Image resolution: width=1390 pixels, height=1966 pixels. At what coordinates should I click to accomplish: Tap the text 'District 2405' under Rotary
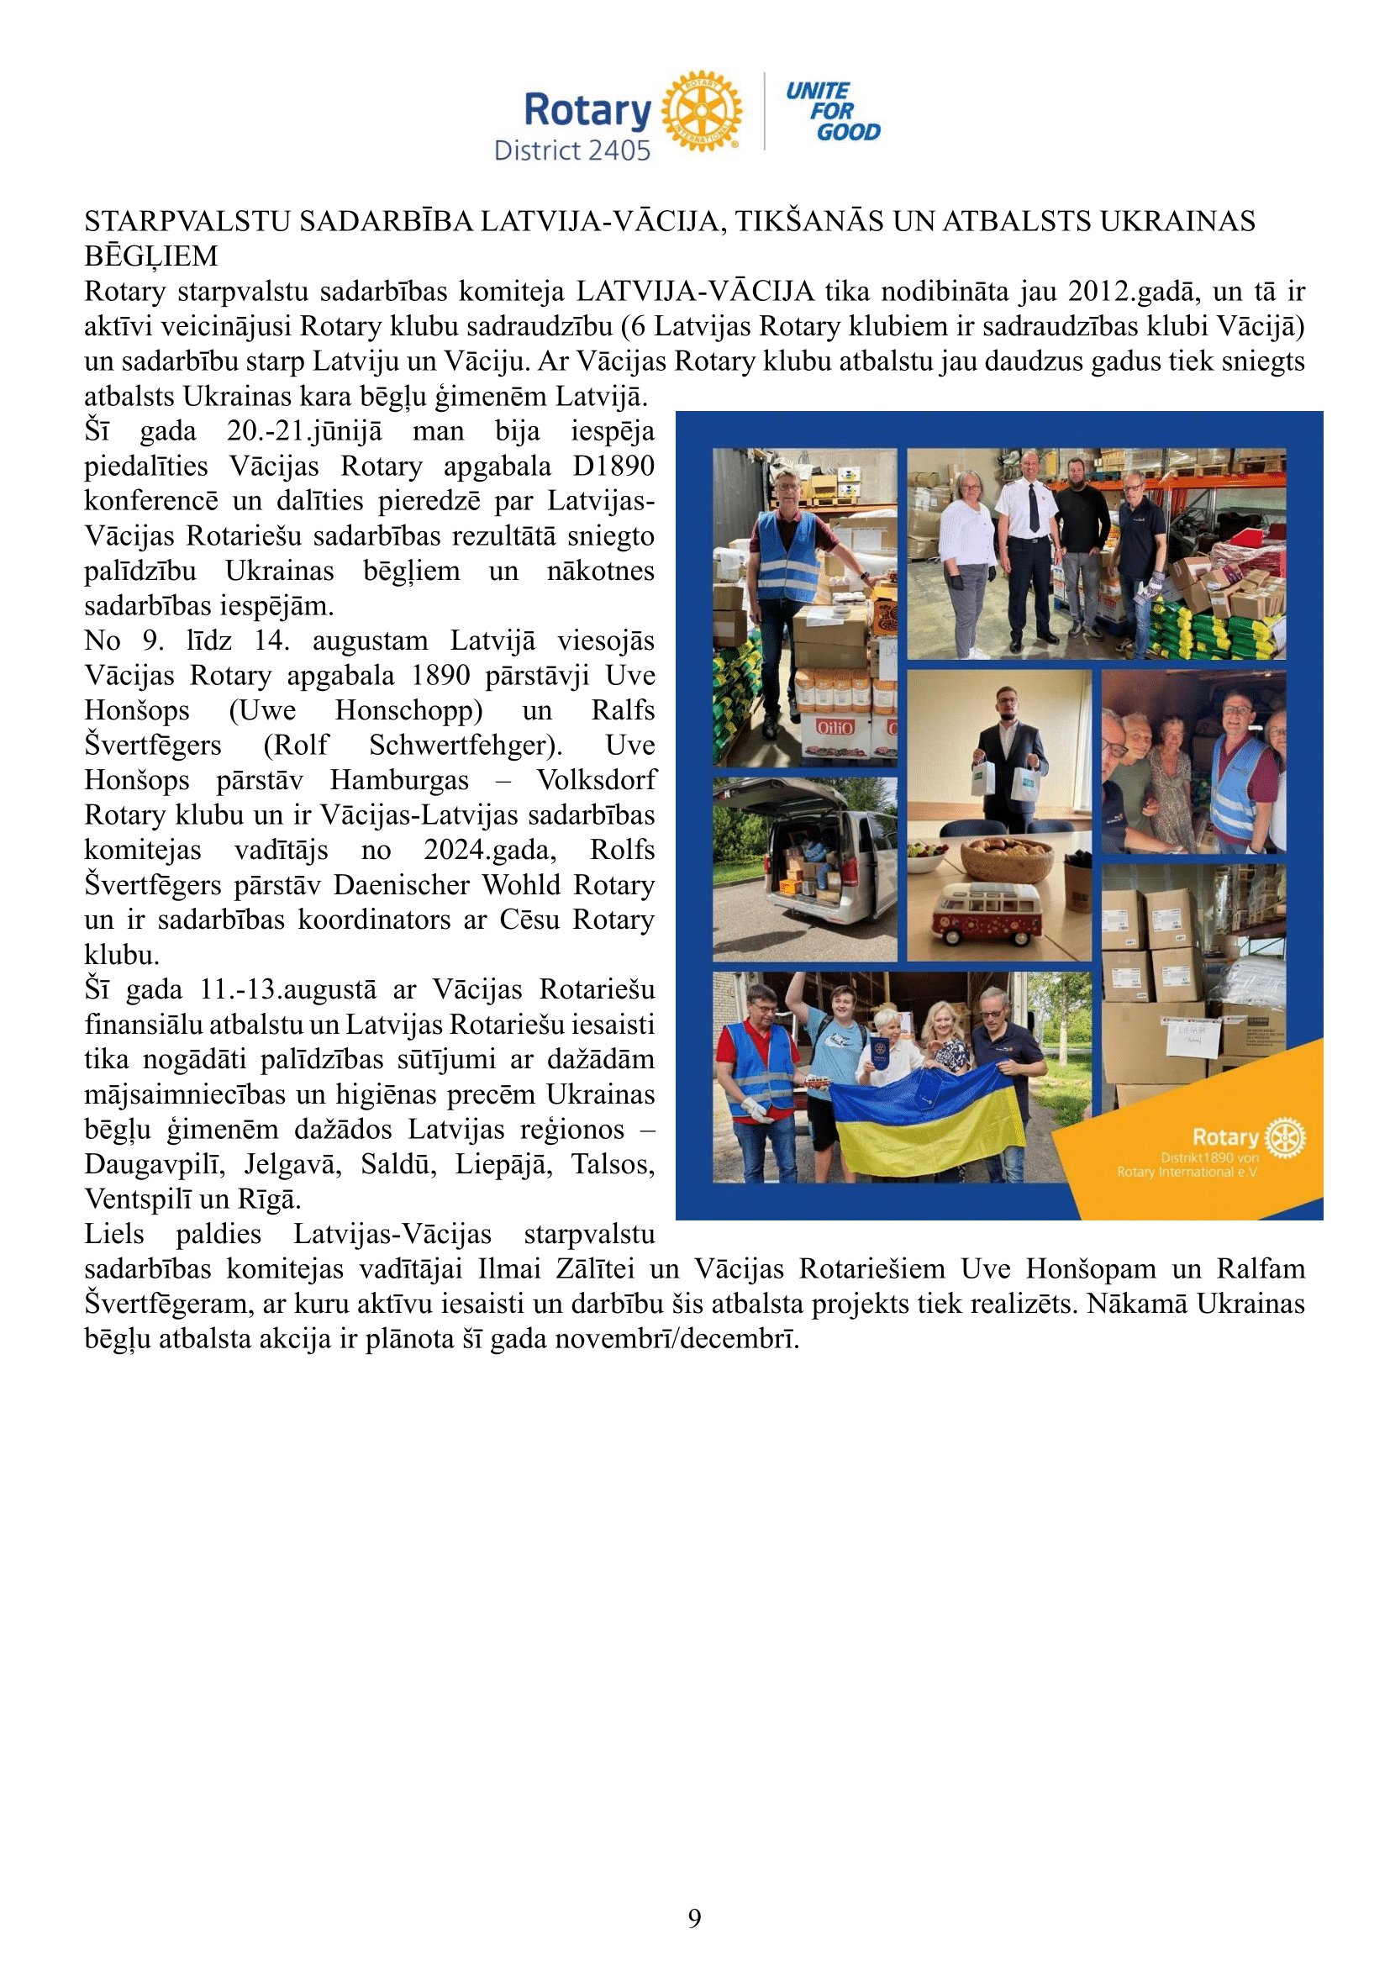click(x=572, y=150)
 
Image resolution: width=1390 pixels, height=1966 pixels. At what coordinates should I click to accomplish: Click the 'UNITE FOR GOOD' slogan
click(x=833, y=111)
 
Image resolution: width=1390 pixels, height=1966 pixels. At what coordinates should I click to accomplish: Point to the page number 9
click(x=694, y=1918)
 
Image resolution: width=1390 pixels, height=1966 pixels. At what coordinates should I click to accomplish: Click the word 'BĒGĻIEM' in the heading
click(x=150, y=256)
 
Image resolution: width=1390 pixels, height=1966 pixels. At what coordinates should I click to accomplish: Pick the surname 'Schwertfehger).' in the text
click(x=466, y=745)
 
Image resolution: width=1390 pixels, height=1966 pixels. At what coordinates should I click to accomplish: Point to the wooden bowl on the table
click(x=1008, y=859)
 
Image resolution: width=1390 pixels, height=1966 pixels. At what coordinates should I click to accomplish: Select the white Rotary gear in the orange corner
click(x=1286, y=1138)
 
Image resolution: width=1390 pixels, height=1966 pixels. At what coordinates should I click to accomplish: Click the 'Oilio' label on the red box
click(x=835, y=728)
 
